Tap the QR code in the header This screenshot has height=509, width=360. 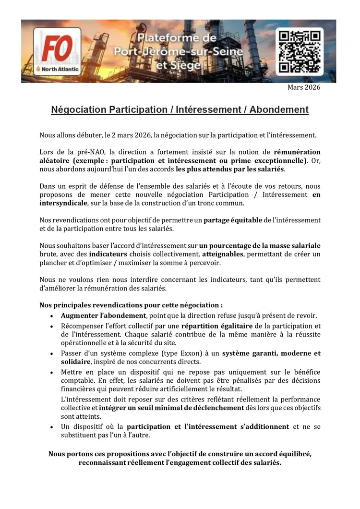point(300,50)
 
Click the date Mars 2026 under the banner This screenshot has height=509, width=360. point(304,87)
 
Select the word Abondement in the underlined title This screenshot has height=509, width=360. point(278,110)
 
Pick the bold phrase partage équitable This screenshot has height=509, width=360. point(233,220)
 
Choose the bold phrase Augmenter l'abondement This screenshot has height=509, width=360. point(103,316)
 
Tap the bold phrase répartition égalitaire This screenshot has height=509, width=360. point(212,326)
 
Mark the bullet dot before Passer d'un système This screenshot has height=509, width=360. point(52,354)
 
